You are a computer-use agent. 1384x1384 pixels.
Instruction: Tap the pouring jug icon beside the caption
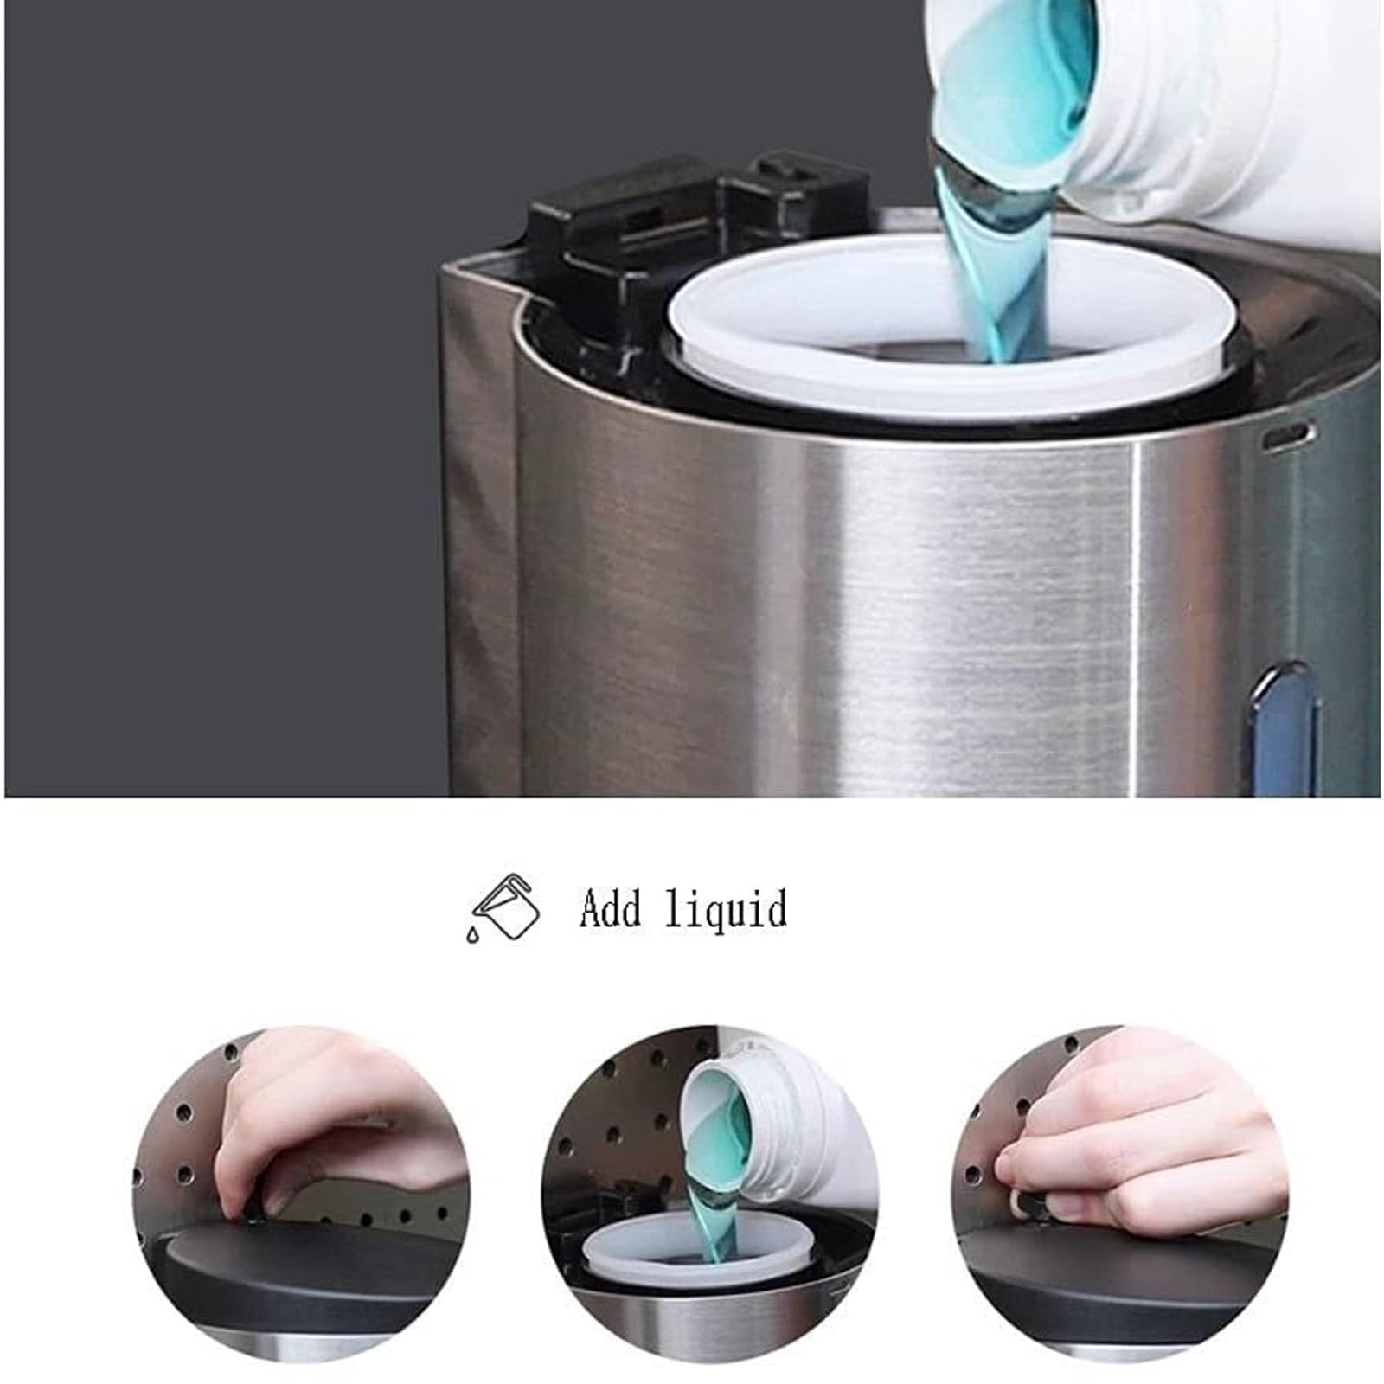503,907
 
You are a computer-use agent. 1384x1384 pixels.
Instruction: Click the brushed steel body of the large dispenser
865,605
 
